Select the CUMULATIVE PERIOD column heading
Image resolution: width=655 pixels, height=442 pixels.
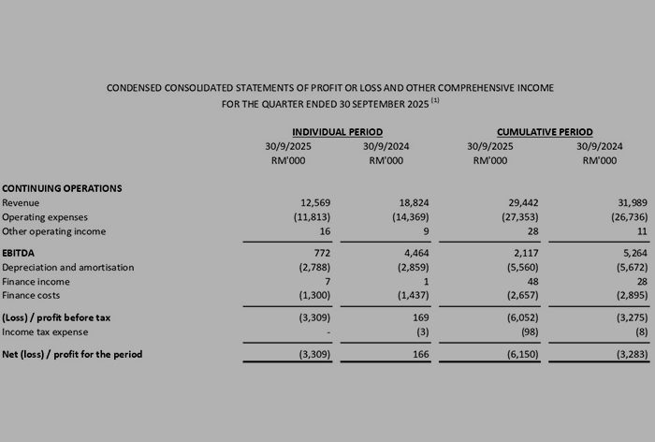coord(545,132)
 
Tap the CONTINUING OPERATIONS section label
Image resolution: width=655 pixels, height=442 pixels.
coord(62,188)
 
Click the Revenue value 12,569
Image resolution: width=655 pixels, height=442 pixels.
coord(315,203)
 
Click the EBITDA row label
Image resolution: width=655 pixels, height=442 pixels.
coord(20,253)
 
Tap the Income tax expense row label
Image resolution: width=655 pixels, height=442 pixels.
coord(45,331)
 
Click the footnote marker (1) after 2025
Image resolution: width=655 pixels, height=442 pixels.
coord(435,100)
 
